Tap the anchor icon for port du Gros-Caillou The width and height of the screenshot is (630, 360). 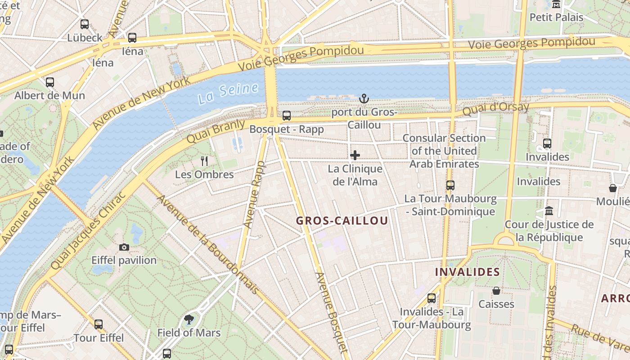(364, 99)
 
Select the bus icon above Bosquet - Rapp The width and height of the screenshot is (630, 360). (287, 116)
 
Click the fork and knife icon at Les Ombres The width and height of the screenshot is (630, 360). (205, 161)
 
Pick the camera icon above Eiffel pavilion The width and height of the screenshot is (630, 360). (124, 247)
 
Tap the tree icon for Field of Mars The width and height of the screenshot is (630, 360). (189, 319)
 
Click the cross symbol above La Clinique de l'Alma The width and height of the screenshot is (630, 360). (355, 156)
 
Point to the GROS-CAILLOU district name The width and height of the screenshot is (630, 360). (342, 221)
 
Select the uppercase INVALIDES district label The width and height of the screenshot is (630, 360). (468, 272)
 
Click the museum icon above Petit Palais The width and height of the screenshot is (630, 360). (556, 4)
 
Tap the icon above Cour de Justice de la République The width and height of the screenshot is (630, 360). (549, 211)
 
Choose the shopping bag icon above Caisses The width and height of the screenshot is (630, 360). (496, 291)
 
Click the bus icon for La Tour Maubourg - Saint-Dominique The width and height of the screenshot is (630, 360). (450, 185)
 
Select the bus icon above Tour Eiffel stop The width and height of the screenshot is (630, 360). (99, 324)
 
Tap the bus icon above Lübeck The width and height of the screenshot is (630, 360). (85, 24)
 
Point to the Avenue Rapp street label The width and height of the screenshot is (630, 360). (254, 194)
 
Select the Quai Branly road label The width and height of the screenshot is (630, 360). (216, 131)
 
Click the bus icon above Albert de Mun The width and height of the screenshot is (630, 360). (50, 82)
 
